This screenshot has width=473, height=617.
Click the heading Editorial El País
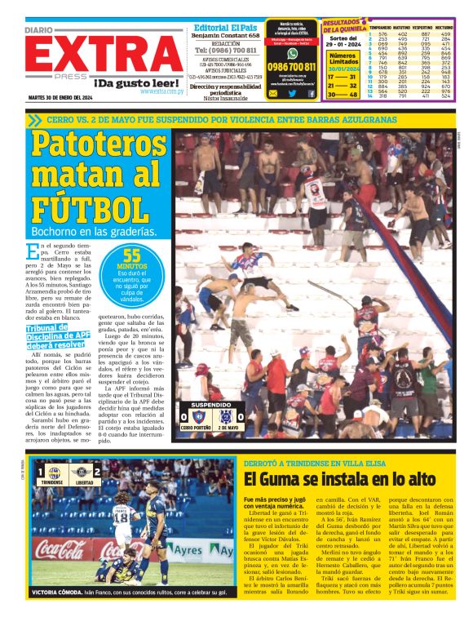pos(223,27)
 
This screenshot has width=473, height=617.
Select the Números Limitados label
pos(343,59)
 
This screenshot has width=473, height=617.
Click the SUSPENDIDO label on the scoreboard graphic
pos(214,406)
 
